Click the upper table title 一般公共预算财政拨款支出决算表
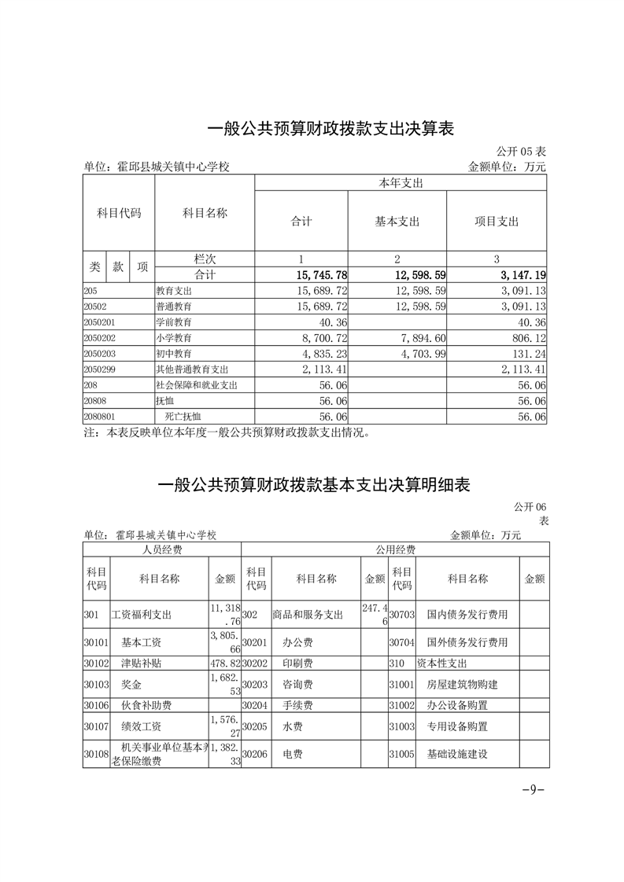(x=330, y=129)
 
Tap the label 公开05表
(x=521, y=151)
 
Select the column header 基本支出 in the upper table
(x=397, y=222)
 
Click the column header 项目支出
(x=497, y=222)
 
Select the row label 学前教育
(x=174, y=322)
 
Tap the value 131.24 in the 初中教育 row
(x=528, y=354)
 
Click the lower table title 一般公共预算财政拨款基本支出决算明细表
(x=314, y=486)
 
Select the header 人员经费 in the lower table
(x=162, y=549)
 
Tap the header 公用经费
(x=395, y=549)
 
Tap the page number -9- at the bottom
(x=533, y=789)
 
